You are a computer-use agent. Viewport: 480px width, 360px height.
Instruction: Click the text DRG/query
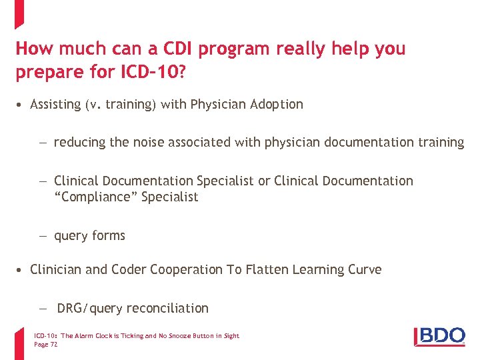pyautogui.click(x=90, y=308)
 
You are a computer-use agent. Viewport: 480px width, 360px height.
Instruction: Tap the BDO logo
pyautogui.click(x=439, y=336)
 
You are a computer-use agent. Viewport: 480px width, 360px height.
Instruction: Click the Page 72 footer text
pyautogui.click(x=45, y=344)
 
